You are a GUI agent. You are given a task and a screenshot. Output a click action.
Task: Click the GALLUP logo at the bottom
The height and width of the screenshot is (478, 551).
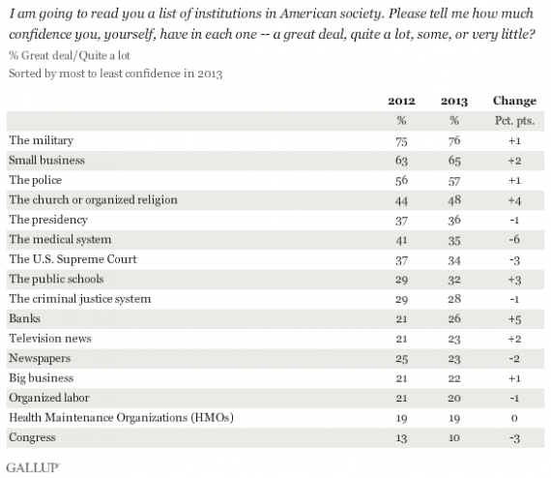click(32, 465)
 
